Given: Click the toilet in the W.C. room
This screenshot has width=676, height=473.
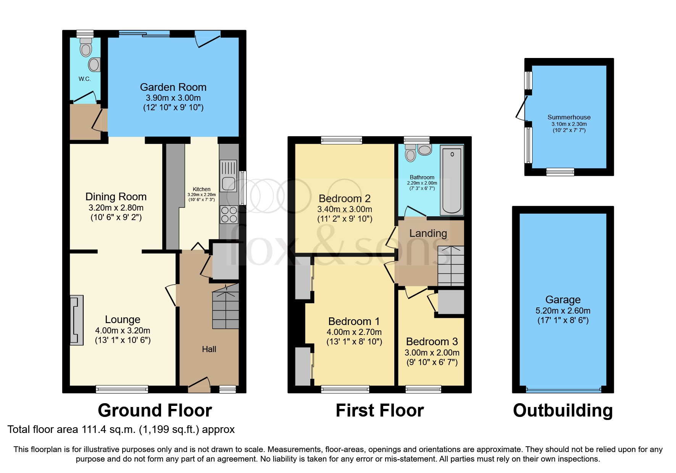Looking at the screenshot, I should pyautogui.click(x=86, y=48).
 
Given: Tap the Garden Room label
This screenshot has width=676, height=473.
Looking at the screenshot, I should pyautogui.click(x=173, y=87).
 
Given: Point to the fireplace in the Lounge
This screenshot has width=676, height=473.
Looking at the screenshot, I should pyautogui.click(x=77, y=320).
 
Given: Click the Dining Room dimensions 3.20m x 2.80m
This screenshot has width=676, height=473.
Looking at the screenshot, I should pyautogui.click(x=116, y=208).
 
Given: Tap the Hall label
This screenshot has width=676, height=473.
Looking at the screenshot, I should pyautogui.click(x=209, y=349).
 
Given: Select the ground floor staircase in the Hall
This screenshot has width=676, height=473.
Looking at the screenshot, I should pyautogui.click(x=226, y=307).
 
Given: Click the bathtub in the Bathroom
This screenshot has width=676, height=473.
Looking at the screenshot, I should pyautogui.click(x=452, y=180).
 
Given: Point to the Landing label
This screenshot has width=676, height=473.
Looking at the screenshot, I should pyautogui.click(x=428, y=233).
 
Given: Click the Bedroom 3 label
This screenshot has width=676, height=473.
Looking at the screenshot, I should pyautogui.click(x=432, y=341).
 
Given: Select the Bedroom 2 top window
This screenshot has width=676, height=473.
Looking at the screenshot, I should pyautogui.click(x=341, y=140).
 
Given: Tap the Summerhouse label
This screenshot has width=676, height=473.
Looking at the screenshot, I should pyautogui.click(x=569, y=117).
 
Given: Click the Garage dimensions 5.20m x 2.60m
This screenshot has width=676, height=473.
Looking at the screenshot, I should pyautogui.click(x=563, y=311).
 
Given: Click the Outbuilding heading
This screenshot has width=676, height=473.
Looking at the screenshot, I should pyautogui.click(x=563, y=410).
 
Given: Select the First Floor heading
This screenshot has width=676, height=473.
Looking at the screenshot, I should pyautogui.click(x=379, y=410).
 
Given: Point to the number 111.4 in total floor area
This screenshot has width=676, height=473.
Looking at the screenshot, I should pyautogui.click(x=94, y=430).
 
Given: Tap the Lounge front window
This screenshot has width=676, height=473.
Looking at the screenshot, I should pyautogui.click(x=122, y=389).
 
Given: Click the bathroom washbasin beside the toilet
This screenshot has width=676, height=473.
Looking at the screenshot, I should pyautogui.click(x=424, y=149).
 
